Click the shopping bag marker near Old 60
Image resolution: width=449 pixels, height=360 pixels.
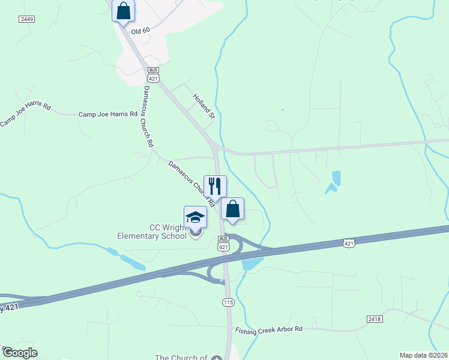click(123, 11)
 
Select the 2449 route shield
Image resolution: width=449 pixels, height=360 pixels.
click(26, 19)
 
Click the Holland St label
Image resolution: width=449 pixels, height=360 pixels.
click(203, 106)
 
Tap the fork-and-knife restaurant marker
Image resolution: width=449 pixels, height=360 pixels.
click(215, 186)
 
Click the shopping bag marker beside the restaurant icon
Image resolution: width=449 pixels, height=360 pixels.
click(232, 209)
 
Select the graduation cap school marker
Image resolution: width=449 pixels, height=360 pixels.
click(195, 217)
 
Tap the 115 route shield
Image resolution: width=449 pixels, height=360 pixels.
click(228, 302)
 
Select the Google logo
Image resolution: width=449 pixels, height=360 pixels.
click(19, 353)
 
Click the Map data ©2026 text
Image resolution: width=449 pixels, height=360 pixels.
click(423, 355)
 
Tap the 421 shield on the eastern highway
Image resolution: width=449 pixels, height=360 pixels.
click(349, 243)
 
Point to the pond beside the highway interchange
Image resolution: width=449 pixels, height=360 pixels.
click(252, 263)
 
